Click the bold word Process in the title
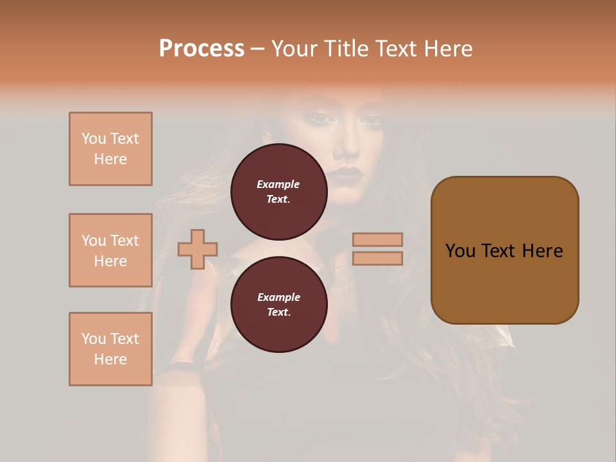[201, 49]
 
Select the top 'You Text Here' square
[110, 149]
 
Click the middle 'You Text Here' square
[110, 250]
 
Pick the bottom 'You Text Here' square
[110, 349]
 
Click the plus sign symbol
[198, 249]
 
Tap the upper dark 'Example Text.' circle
[278, 192]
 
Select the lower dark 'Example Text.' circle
[278, 305]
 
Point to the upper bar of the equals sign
[377, 239]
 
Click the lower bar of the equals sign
[377, 258]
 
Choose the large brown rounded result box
[504, 250]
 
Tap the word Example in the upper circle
[278, 184]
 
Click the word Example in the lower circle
[278, 297]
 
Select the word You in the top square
[94, 139]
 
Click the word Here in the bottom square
[110, 359]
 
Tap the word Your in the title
[295, 49]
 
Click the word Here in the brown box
[542, 251]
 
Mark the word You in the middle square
[94, 241]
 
